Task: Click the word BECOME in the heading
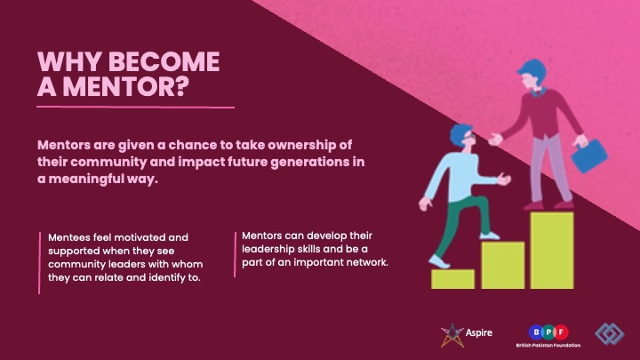164,61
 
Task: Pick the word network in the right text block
367,262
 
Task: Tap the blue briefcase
589,156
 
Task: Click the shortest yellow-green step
452,279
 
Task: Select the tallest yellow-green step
552,250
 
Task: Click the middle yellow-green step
503,265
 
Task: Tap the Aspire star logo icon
452,335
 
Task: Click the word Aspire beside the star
479,332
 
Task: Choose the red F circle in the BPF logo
561,332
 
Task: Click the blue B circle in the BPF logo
536,332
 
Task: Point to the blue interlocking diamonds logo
610,334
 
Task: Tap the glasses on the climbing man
469,135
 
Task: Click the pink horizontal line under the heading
135,108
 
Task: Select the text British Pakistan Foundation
548,345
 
